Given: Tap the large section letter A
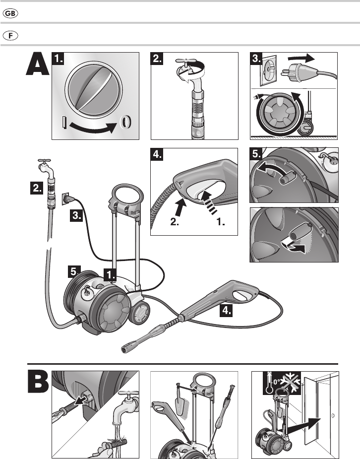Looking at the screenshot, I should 37,66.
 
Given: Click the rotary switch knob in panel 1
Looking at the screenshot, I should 94,91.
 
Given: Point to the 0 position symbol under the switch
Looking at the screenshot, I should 125,122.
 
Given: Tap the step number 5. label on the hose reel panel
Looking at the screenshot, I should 257,155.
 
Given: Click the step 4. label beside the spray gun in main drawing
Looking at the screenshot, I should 226,312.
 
